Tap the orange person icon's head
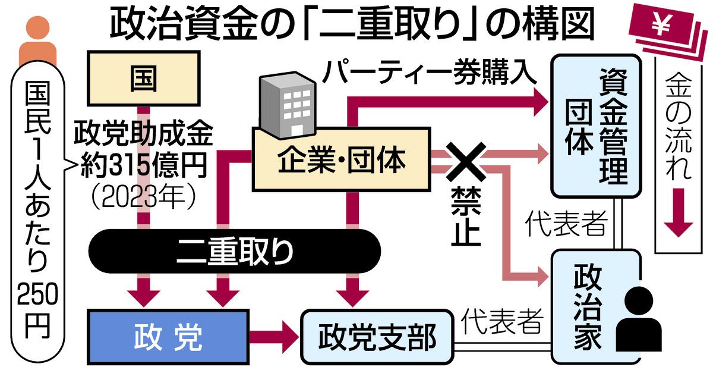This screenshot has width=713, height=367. (37, 30)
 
